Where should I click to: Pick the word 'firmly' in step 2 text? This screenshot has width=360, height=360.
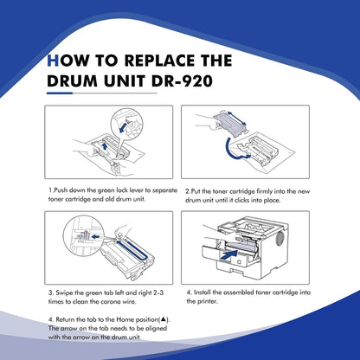262,190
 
